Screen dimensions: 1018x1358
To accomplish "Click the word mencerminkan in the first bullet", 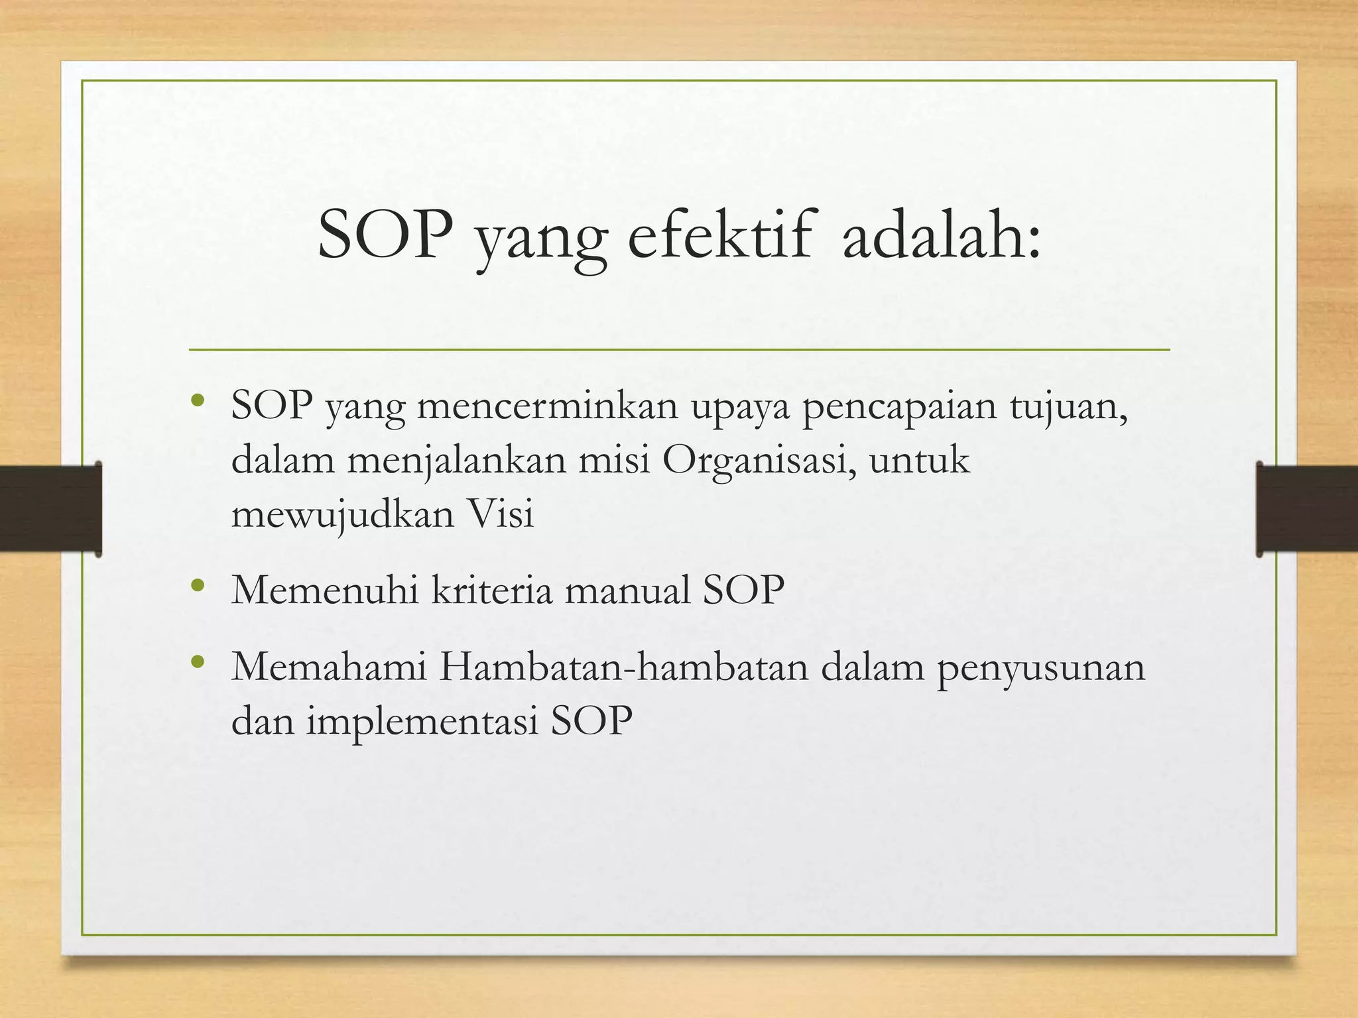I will point(548,406).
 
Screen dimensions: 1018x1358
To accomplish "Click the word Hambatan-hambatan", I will point(623,667).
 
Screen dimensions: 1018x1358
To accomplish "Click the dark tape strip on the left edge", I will point(50,508).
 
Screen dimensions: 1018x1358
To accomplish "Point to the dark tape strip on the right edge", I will point(1306,508).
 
